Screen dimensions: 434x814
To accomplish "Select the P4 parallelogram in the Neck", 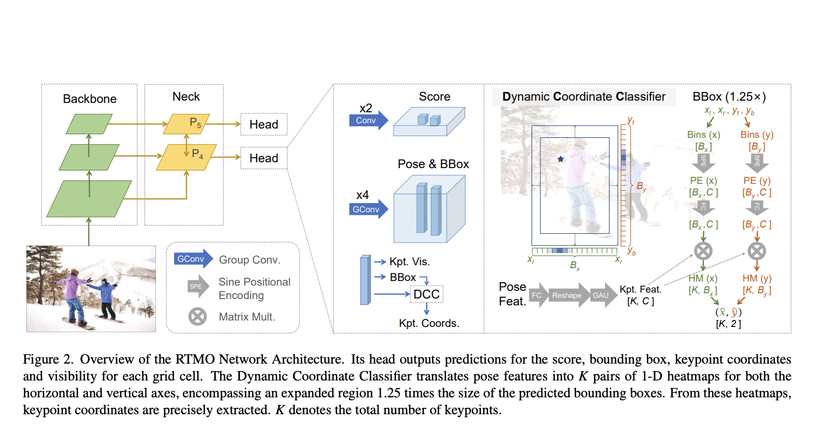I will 185,157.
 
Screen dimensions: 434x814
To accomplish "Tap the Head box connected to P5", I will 264,124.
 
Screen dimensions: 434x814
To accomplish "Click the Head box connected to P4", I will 264,158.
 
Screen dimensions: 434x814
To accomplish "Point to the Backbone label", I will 90,99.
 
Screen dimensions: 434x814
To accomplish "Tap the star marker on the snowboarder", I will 561,158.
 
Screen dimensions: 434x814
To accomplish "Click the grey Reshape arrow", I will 566,295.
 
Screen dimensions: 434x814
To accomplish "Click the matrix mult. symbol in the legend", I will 198,317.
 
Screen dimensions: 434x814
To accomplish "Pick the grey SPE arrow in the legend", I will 196,287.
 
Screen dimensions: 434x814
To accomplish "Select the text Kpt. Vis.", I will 409,262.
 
